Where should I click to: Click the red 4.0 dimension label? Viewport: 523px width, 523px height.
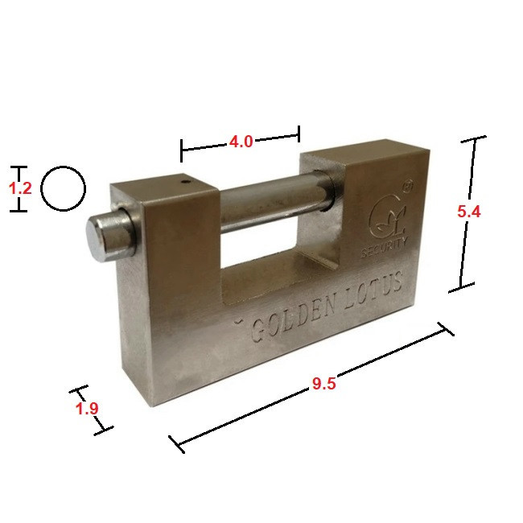pos(241,142)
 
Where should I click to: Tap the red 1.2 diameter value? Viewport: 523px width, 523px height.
pos(20,188)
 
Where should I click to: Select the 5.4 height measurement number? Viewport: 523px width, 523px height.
pos(468,211)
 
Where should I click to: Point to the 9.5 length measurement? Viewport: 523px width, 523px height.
pos(324,384)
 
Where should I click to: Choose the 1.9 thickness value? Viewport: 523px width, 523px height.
pos(87,408)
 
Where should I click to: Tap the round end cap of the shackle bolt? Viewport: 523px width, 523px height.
pos(97,239)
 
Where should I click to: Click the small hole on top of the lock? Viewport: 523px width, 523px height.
pos(185,182)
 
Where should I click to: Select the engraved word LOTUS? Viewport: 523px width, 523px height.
pos(373,290)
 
